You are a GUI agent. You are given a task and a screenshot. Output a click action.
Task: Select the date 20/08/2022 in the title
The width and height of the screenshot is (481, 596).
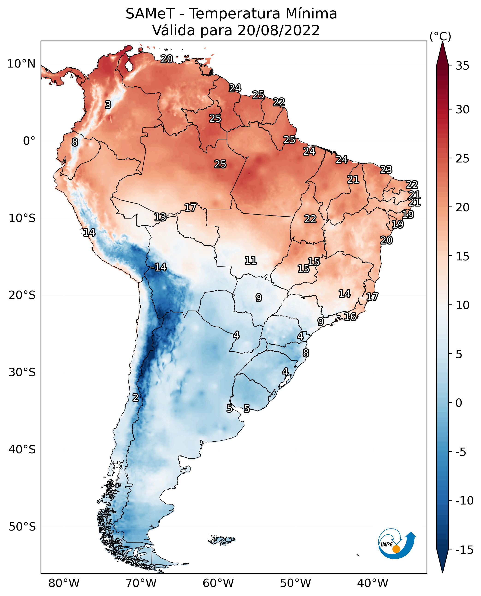pos(279,30)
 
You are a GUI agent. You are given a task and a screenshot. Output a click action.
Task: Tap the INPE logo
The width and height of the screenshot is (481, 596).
pos(397,544)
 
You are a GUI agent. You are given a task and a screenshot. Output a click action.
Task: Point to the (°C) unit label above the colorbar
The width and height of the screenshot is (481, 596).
pos(440,37)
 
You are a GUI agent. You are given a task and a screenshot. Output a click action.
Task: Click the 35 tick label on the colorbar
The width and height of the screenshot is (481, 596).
pos(462,66)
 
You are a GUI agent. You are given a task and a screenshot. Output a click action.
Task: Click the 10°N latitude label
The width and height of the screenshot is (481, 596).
pos(21,64)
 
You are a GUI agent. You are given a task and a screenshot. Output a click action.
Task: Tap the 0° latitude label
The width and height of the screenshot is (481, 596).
pos(29,141)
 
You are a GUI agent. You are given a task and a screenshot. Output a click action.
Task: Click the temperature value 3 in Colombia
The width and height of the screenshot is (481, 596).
pos(108,105)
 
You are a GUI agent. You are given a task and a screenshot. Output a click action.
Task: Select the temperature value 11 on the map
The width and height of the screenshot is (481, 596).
pos(250,260)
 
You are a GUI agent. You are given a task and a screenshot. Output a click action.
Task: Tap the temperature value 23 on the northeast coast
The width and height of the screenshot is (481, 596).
pos(386,169)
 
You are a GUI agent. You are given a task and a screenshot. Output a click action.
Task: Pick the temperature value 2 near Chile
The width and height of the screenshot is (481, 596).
pos(135,397)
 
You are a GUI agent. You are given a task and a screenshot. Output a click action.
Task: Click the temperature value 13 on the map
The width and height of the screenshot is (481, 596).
pos(160,217)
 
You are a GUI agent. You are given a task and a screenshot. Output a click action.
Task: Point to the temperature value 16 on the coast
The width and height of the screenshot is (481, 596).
pos(350,317)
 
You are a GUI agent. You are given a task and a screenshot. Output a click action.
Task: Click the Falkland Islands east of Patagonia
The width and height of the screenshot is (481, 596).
pos(223,540)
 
